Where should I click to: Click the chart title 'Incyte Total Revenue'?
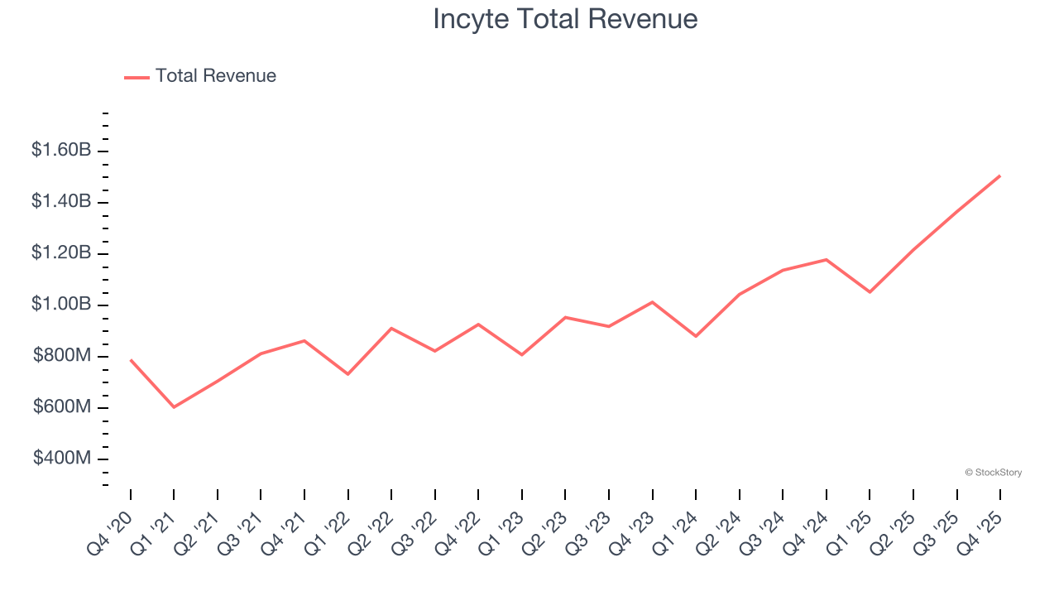tap(565, 19)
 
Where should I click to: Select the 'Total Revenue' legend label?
tap(215, 76)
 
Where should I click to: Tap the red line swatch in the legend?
tap(137, 77)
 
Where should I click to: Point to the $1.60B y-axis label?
tap(61, 151)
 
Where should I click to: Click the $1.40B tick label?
tap(61, 202)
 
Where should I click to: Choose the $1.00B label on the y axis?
tap(61, 305)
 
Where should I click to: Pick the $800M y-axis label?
tap(62, 356)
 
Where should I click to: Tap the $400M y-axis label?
tap(62, 459)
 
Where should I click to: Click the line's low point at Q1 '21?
tap(174, 407)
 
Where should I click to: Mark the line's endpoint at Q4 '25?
tap(999, 175)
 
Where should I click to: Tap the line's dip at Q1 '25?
tap(870, 292)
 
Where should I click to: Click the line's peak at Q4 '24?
tap(826, 259)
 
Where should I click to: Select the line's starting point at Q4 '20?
tap(131, 360)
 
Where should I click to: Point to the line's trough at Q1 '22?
tap(348, 374)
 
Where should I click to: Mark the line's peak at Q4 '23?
tap(652, 302)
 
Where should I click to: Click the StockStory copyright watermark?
tap(993, 473)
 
